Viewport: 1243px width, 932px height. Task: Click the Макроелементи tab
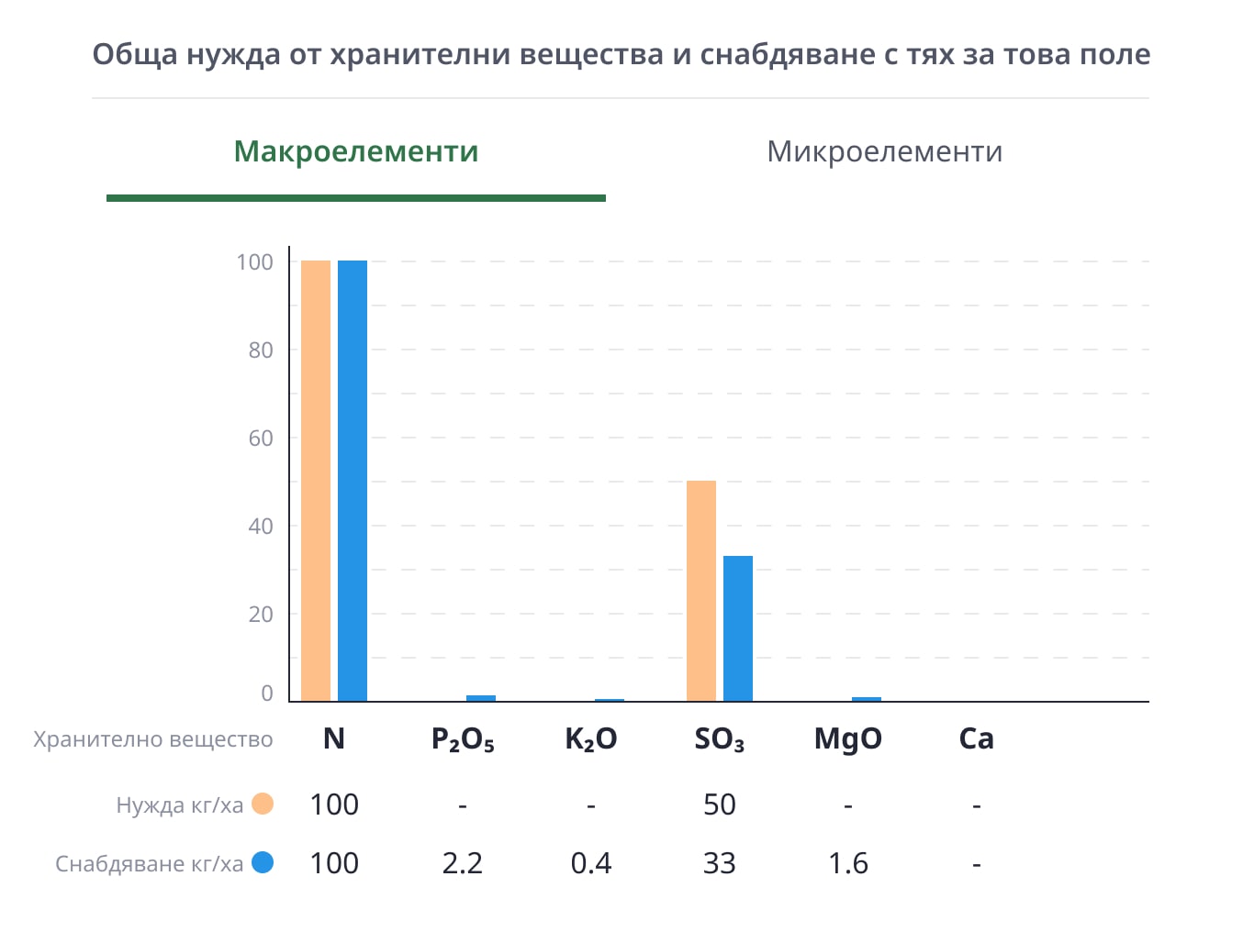point(356,151)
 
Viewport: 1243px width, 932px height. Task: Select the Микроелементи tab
point(884,151)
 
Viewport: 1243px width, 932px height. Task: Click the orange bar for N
point(316,481)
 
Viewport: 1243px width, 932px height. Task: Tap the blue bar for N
point(353,481)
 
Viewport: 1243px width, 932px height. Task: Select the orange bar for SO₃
point(701,591)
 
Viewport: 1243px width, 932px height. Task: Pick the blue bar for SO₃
point(738,628)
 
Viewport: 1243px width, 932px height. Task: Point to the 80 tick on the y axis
point(261,349)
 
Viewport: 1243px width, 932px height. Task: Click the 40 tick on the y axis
point(261,526)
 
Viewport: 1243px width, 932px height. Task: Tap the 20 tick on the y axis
point(261,614)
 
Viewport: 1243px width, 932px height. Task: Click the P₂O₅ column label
point(463,739)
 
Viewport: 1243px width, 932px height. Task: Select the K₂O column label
point(591,739)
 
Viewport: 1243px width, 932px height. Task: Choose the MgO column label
point(848,739)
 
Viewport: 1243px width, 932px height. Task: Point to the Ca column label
point(977,739)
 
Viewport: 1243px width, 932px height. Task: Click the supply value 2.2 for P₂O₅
point(463,863)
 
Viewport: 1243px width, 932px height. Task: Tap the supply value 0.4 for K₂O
point(591,863)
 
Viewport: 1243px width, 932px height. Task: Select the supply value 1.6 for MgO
point(848,863)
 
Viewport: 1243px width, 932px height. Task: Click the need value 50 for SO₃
point(720,804)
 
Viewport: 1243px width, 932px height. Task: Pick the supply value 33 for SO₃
point(720,863)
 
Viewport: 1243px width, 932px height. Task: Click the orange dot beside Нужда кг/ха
point(263,804)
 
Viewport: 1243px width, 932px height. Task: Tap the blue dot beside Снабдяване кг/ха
point(263,863)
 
